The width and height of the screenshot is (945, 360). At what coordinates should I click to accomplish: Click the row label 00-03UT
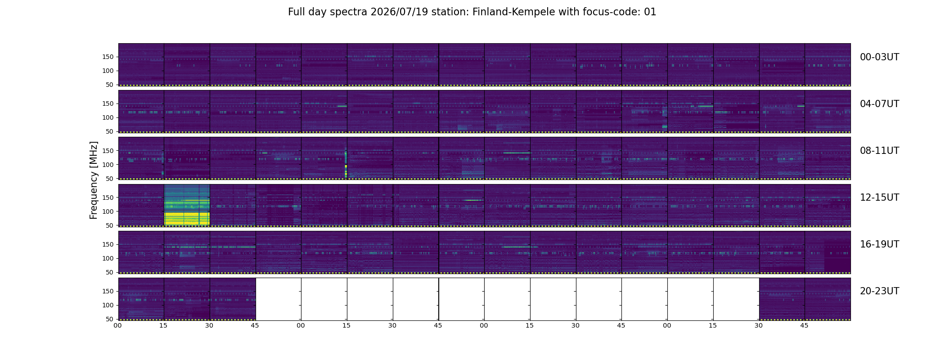(879, 57)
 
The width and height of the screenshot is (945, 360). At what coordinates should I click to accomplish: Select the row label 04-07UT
(879, 104)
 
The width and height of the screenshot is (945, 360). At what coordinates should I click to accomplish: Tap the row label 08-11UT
(879, 151)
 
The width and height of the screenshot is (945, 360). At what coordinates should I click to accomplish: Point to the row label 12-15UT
(879, 198)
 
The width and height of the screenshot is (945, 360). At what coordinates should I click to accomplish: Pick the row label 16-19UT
(879, 244)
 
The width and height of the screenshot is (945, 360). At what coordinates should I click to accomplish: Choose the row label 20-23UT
(879, 291)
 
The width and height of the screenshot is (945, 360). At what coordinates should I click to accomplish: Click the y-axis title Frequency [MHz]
(94, 180)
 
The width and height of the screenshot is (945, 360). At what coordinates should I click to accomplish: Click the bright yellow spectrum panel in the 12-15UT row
(187, 205)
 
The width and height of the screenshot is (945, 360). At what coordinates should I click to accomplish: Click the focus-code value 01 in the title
(650, 12)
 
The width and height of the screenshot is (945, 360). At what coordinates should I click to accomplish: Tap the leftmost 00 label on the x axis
(118, 325)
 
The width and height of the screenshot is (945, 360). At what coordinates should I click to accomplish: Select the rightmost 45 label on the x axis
(804, 325)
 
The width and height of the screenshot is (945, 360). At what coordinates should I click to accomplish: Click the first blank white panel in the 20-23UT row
(278, 299)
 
